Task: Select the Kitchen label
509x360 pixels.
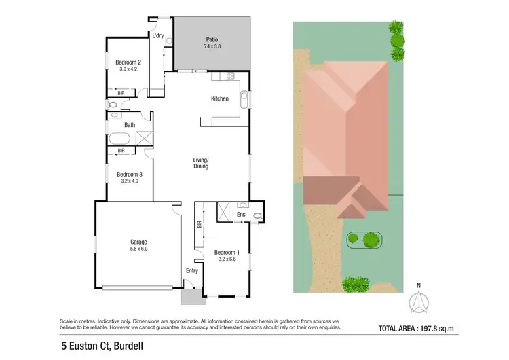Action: tap(220, 99)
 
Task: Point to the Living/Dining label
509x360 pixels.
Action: tap(201, 162)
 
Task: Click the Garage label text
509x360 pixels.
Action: tap(138, 242)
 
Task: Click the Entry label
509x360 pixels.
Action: tap(192, 271)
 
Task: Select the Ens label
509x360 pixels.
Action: tap(241, 215)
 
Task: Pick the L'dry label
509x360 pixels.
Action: tap(158, 35)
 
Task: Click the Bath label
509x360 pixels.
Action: tap(130, 126)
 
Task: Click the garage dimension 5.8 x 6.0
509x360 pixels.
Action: tap(138, 249)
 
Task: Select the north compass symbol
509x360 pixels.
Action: tap(419, 302)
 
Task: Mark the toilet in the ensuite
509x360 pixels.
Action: tap(256, 216)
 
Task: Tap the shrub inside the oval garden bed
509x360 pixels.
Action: tap(370, 239)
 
